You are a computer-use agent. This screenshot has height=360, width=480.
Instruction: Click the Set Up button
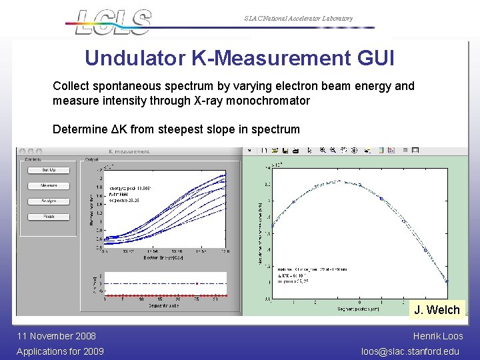coord(48,170)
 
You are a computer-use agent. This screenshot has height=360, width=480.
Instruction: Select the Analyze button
coord(48,201)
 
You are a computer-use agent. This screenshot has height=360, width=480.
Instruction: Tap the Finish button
coord(48,217)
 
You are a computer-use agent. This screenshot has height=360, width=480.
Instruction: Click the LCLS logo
coord(113,22)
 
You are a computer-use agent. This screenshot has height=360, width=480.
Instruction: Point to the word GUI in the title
coord(373,59)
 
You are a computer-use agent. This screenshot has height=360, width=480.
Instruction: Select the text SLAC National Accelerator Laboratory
coord(298,19)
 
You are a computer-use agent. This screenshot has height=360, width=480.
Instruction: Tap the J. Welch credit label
coord(437,310)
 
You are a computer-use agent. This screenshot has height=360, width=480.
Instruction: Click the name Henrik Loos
coord(437,336)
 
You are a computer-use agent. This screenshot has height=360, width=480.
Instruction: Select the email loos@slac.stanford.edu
coord(411,351)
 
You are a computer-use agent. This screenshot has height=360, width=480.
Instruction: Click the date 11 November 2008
coord(56,336)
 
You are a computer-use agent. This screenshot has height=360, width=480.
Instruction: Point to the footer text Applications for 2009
coord(60,351)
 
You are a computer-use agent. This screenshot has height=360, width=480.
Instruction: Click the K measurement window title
coord(129,152)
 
